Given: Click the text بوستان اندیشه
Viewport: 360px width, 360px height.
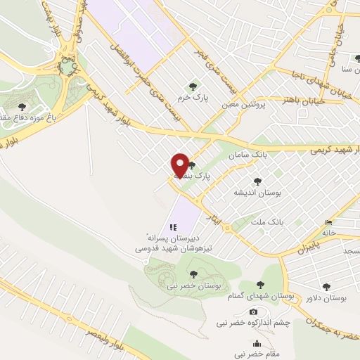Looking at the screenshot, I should click(x=258, y=191).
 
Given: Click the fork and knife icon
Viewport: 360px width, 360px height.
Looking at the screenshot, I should click(x=172, y=227).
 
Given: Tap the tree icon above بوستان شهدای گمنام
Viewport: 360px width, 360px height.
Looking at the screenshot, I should click(x=260, y=285).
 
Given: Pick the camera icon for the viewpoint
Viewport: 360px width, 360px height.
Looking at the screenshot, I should click(x=253, y=311).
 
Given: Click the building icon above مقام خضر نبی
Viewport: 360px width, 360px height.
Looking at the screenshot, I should click(x=257, y=343).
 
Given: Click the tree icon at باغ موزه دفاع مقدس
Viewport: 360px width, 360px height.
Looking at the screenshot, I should click(x=22, y=107).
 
